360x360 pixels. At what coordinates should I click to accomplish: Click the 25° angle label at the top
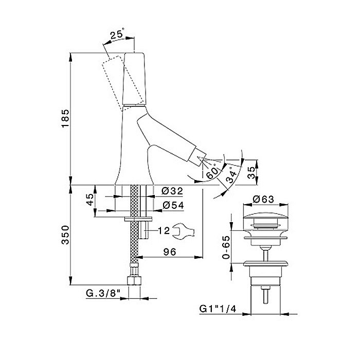click(117, 34)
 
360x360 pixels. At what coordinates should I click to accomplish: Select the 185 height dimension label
click(65, 119)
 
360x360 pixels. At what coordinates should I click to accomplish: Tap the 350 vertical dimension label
click(65, 235)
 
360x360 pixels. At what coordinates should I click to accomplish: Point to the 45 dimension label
click(91, 200)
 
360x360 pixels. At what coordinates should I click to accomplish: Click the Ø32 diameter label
click(172, 191)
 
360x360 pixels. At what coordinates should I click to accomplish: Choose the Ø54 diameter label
click(173, 205)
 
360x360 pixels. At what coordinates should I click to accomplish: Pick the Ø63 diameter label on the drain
click(263, 199)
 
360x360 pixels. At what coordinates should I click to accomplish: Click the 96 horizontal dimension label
click(170, 252)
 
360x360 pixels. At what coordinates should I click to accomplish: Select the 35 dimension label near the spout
click(251, 172)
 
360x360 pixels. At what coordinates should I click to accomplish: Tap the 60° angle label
click(212, 171)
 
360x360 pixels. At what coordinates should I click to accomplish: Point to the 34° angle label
click(231, 176)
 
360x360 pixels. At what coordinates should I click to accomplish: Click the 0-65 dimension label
click(226, 247)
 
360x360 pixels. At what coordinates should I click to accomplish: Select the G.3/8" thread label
click(103, 293)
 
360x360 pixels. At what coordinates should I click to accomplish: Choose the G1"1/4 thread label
click(218, 309)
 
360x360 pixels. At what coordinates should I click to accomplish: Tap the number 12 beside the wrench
click(164, 230)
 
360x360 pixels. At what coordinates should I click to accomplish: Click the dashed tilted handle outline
click(123, 83)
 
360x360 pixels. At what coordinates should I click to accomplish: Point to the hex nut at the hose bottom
click(134, 281)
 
